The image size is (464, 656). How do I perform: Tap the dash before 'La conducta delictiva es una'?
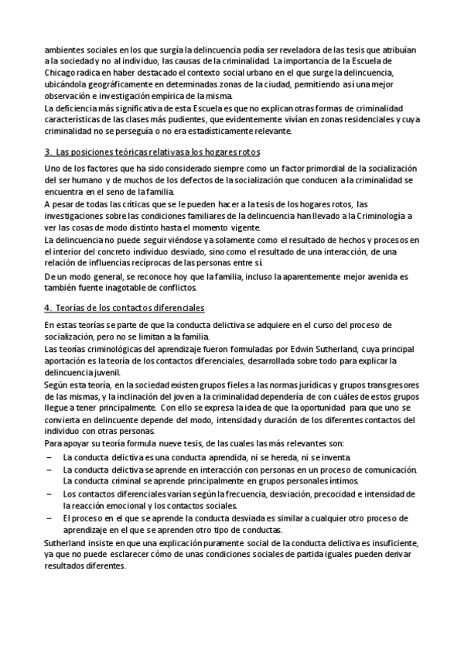point(49,457)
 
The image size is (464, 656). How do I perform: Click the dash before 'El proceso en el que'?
point(49,518)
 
